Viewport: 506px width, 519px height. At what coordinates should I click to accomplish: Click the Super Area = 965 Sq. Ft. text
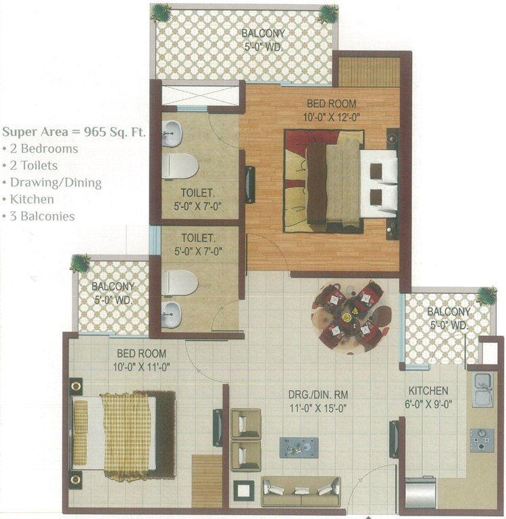(74, 131)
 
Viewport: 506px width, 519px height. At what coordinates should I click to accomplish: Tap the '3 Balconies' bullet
(39, 216)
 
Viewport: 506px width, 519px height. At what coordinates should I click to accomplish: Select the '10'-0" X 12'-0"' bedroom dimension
(331, 116)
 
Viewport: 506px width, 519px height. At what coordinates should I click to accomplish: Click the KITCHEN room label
(428, 391)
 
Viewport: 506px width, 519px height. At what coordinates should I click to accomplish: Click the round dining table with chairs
(351, 314)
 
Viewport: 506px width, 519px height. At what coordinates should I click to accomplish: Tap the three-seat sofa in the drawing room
(301, 491)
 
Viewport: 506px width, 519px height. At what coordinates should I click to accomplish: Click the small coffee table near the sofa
(299, 447)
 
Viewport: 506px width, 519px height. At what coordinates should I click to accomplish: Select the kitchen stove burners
(482, 440)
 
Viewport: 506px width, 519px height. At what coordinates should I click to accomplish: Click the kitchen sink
(482, 389)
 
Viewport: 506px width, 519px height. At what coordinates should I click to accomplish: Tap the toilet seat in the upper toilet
(180, 166)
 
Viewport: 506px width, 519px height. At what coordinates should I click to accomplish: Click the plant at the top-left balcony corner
(161, 11)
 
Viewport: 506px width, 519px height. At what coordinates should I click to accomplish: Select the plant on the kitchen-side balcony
(486, 295)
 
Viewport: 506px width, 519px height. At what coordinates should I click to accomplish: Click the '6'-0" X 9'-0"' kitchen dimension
(428, 403)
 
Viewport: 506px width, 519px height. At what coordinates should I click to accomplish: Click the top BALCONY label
(263, 33)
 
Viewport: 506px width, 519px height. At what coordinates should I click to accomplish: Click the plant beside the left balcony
(80, 264)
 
